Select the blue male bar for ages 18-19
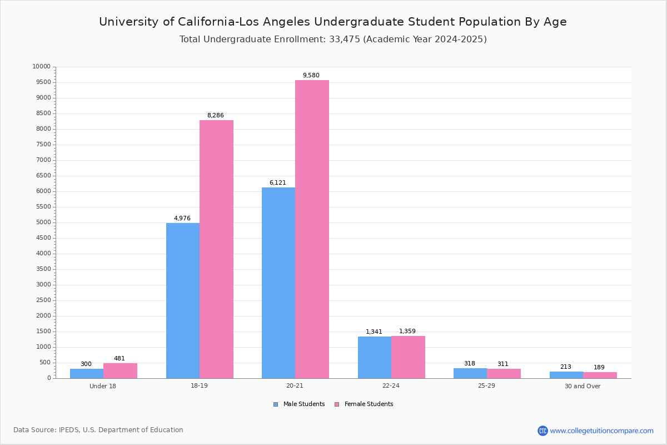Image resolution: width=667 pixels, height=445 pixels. point(183,300)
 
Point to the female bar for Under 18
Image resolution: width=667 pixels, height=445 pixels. point(120,371)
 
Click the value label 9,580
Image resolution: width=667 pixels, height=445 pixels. point(311,76)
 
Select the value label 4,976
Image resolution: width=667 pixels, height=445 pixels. point(182,219)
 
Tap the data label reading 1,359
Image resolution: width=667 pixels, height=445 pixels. point(407,332)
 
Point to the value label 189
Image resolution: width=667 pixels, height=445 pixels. point(599,368)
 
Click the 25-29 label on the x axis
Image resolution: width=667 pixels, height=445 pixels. point(486,386)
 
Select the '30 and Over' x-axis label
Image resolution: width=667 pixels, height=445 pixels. point(583,386)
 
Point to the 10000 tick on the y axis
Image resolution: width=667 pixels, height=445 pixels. point(42,67)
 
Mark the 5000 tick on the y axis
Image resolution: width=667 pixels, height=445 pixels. point(43,222)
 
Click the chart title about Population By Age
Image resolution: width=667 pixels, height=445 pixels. point(333,22)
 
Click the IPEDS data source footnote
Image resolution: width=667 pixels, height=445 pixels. point(98,430)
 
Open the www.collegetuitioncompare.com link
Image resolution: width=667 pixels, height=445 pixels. point(601,431)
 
